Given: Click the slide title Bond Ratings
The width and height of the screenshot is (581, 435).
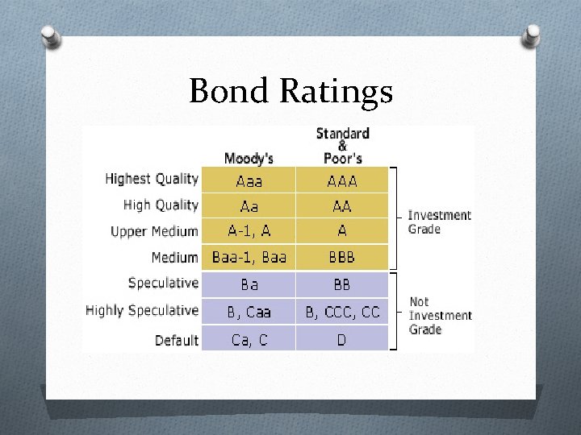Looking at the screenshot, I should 290,91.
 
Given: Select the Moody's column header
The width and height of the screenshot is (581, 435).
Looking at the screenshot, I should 249,158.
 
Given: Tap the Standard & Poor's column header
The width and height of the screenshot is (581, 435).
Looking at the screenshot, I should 342,145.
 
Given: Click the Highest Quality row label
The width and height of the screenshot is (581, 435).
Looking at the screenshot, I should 152,179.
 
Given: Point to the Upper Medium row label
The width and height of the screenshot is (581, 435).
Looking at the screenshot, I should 154,231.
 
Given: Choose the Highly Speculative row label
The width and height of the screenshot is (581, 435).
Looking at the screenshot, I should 142,310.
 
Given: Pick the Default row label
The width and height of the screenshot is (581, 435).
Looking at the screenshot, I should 177,340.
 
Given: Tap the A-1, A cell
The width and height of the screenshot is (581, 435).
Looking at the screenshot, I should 249,231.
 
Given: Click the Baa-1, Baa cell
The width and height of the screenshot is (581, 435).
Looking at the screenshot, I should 249,258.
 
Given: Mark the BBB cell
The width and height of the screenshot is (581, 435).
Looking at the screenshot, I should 342,258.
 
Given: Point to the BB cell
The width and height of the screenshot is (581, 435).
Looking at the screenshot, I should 342,284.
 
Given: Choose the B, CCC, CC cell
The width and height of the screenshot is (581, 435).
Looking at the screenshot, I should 342,311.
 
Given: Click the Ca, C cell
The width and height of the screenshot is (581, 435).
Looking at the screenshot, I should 249,340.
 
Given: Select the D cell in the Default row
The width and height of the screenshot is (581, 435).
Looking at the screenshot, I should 342,340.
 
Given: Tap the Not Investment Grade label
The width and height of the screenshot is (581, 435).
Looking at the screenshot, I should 440,315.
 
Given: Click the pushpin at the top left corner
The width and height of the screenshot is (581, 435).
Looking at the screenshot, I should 50,36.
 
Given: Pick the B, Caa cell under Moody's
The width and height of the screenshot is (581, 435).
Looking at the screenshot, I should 249,311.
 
